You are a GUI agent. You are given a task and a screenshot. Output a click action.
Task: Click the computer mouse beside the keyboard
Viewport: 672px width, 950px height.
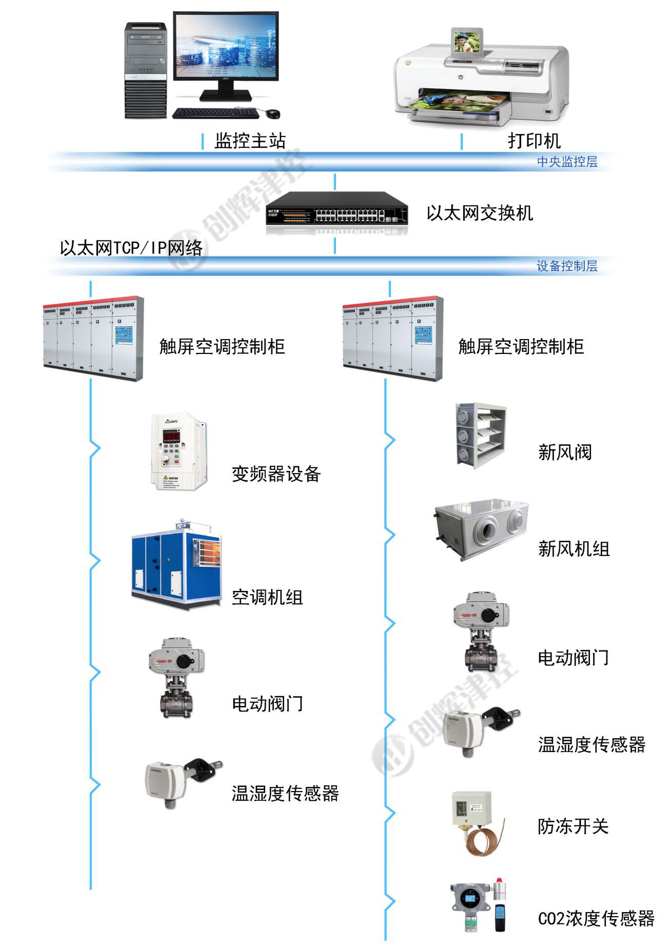273,112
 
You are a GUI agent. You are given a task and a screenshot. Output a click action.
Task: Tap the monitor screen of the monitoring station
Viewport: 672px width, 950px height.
226,47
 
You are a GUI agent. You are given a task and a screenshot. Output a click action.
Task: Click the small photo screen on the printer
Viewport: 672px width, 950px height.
465,41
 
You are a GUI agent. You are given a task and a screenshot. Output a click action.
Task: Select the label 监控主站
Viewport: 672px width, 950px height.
250,141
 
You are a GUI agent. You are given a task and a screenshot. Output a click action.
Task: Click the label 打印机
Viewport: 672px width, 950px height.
534,141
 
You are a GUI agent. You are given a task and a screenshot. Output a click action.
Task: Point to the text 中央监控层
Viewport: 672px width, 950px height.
567,162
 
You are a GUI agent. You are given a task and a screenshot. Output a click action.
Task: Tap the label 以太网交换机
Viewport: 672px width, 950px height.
480,213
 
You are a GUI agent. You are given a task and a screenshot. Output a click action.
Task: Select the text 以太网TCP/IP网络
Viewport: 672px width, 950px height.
131,248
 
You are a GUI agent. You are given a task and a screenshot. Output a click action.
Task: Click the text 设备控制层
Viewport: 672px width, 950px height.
567,266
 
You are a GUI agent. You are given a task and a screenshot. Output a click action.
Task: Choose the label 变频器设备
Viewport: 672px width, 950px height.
276,474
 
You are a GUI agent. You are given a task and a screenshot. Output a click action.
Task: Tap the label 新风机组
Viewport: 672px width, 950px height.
574,549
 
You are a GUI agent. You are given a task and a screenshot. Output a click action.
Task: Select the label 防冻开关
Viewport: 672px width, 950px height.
573,826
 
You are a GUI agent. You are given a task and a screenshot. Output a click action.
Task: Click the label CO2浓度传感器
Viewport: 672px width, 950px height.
596,918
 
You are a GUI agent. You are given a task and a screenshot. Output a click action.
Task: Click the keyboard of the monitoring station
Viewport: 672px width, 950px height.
215,113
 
